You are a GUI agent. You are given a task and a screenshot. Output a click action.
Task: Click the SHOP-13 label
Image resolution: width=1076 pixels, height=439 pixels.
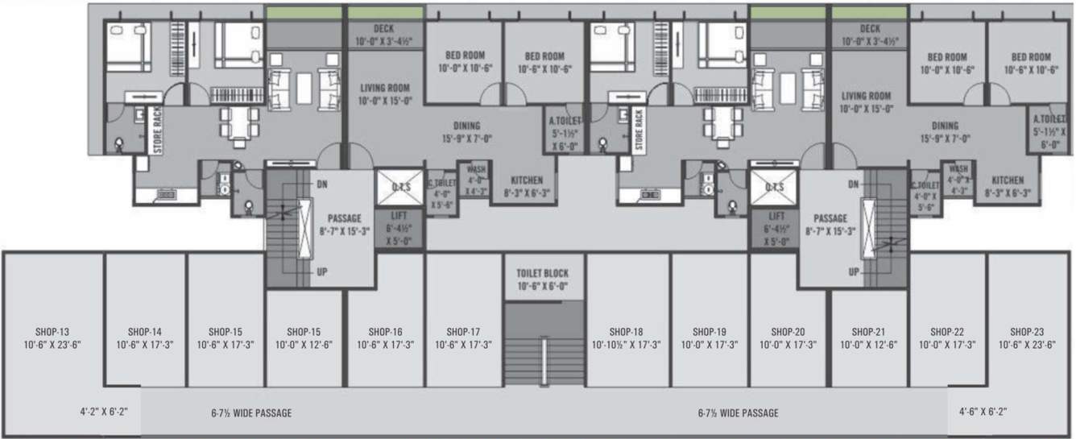[53, 331]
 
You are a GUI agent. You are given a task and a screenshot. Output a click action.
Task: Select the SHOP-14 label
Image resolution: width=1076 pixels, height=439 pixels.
[145, 331]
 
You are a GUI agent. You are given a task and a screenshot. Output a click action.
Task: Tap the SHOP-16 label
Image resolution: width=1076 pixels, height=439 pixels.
[385, 331]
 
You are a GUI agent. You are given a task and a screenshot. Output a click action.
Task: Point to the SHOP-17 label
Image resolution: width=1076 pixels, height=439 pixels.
[464, 331]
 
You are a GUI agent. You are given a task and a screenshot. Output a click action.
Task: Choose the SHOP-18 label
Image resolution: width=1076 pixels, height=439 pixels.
[626, 331]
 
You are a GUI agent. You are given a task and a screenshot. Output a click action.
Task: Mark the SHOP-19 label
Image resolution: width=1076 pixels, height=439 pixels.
[709, 331]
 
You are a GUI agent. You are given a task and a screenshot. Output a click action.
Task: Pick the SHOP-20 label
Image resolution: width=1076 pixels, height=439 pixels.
[788, 331]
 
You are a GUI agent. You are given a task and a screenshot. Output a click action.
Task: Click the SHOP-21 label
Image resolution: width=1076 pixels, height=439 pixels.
[868, 331]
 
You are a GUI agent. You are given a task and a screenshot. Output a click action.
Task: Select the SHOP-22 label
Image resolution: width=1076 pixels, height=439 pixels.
[948, 331]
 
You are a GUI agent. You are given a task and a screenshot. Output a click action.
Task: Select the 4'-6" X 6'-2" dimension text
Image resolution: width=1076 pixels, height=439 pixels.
[983, 412]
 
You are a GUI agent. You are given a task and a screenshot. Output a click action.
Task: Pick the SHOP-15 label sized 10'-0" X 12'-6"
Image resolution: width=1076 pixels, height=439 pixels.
[304, 331]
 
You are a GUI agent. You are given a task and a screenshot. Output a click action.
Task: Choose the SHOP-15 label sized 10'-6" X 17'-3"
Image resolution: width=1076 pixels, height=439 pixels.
[226, 331]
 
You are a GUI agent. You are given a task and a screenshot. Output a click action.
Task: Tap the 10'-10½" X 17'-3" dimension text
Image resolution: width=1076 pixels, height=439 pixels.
[626, 344]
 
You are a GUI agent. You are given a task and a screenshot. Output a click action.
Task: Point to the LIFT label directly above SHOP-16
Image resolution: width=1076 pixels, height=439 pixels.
[398, 217]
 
